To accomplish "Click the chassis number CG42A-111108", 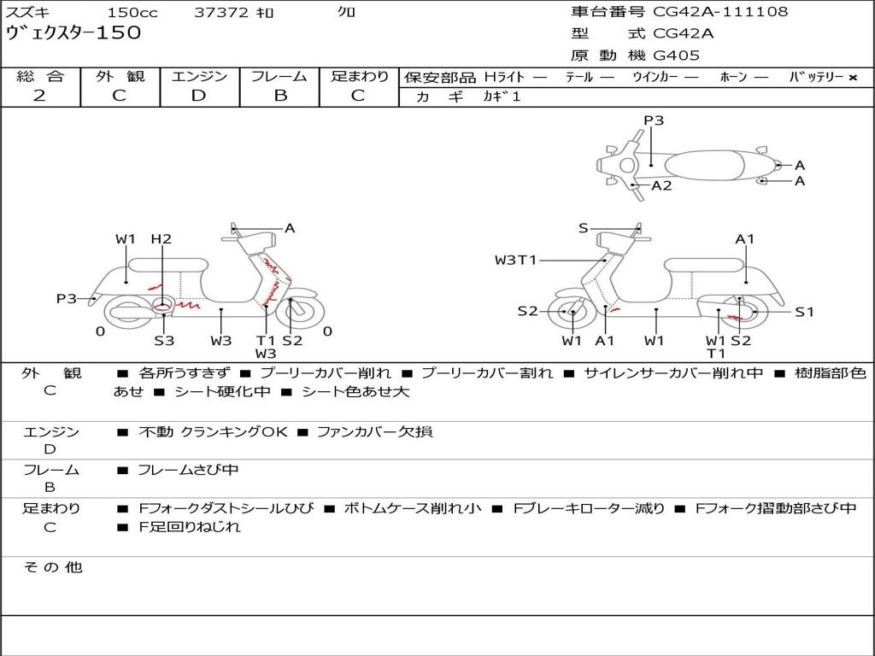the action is tap(720, 12).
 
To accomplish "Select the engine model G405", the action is tap(676, 56).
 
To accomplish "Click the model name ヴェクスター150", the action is tap(73, 32).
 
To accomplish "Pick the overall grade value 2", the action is tap(39, 96).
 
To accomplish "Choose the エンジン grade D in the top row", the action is tap(198, 96).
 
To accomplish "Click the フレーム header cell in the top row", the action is tap(279, 76).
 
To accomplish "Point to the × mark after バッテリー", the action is tap(853, 78).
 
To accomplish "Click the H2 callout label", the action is tap(161, 239).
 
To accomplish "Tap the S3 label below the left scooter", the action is tap(164, 340).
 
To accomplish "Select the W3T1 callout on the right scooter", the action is tap(515, 260).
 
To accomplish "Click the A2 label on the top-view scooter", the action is tap(662, 185).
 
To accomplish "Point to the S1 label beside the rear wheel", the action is tap(805, 312).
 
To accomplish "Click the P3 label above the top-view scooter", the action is tap(654, 120).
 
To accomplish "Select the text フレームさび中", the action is tap(188, 471).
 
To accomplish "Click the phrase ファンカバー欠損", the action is tap(375, 431).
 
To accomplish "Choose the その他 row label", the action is tap(53, 567).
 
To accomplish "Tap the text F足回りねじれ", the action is tap(190, 526).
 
